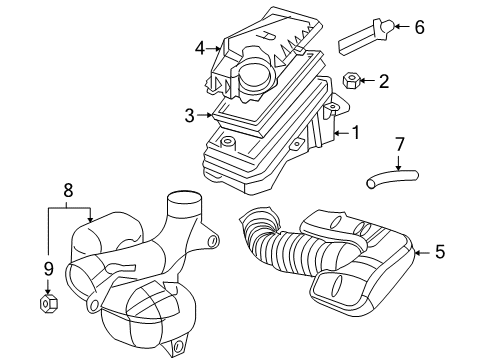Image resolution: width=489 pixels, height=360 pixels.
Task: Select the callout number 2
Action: point(384,80)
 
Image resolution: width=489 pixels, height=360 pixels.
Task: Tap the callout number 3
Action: point(189,116)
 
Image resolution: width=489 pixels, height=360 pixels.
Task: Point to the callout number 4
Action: point(200,47)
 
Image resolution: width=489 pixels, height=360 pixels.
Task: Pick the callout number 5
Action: point(439,253)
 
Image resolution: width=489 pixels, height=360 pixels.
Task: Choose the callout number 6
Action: point(419,27)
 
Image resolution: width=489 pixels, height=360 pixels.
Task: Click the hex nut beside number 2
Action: point(351,80)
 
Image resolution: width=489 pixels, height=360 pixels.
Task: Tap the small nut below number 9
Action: point(48,300)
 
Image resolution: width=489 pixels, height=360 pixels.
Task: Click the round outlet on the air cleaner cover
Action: point(254,75)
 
